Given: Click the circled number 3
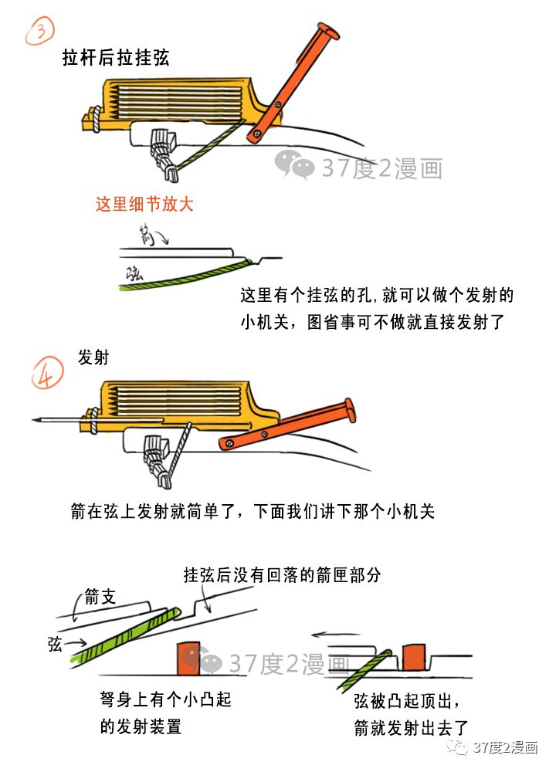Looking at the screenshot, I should pos(39,32).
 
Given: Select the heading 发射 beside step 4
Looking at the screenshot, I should pos(93,358).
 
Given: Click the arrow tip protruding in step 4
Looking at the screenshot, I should pos(39,421).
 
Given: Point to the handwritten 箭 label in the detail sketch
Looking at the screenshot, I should pos(147,234).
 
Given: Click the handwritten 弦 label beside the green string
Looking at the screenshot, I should pos(136,271).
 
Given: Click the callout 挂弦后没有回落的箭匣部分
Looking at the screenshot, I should pos(282,575).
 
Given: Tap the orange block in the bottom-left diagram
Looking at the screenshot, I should pos(189,656).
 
